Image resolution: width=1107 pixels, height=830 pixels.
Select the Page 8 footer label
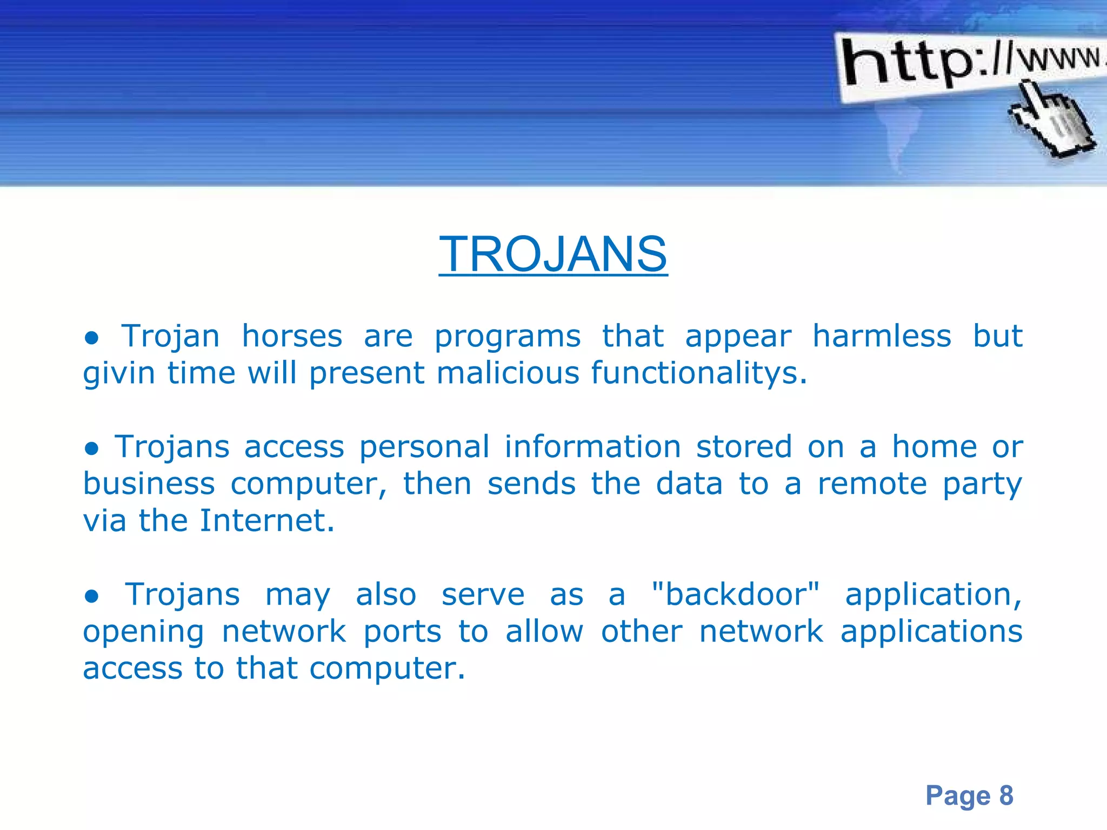tap(969, 795)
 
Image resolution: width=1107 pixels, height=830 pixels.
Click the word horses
tap(292, 336)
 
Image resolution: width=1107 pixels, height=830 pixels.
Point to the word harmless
tap(882, 336)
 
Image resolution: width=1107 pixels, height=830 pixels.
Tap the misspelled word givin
tap(119, 373)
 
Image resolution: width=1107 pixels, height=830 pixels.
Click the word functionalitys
tap(698, 373)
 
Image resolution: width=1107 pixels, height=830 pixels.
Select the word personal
tap(424, 447)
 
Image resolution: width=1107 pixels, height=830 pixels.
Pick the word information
tap(592, 447)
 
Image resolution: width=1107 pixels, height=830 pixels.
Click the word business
tap(149, 484)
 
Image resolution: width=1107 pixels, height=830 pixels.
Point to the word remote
tap(872, 484)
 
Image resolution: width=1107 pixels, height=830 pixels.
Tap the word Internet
tap(267, 521)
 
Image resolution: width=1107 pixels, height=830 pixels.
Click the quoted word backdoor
tap(736, 595)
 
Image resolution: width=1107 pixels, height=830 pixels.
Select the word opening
tap(143, 632)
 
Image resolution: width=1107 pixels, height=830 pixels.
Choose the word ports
tap(402, 632)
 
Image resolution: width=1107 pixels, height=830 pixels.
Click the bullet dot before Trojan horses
tap(92, 338)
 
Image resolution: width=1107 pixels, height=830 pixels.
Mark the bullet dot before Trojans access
tap(92, 449)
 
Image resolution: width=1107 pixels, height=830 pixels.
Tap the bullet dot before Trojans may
tap(92, 597)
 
